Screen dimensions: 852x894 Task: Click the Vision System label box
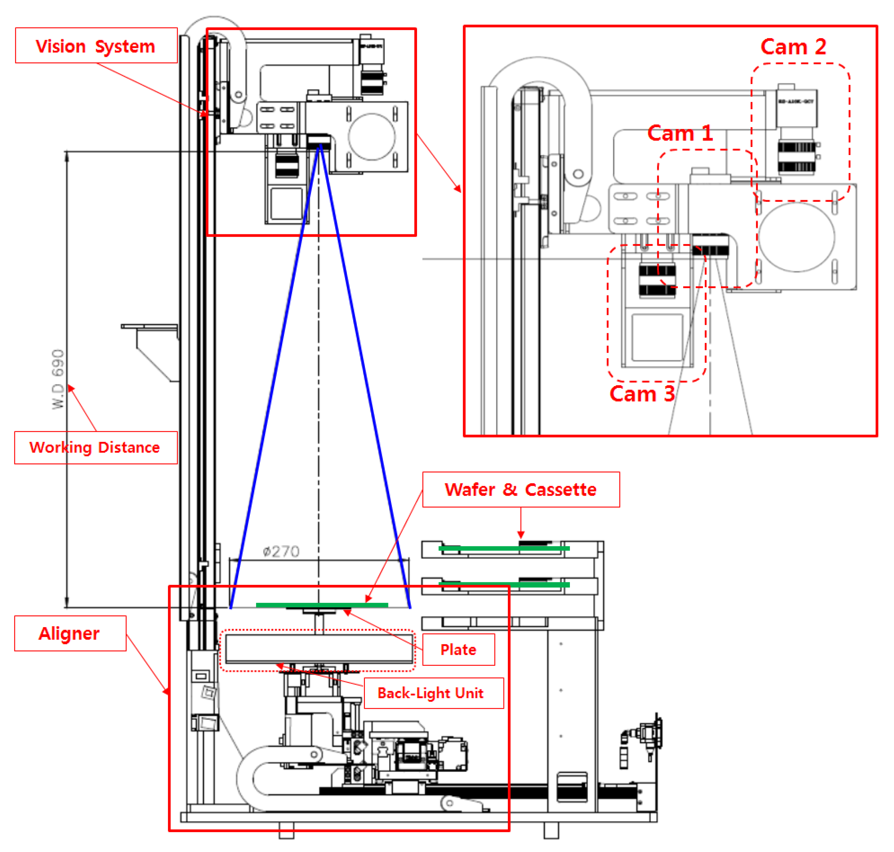pyautogui.click(x=96, y=46)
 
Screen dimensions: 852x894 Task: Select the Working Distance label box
pyautogui.click(x=96, y=447)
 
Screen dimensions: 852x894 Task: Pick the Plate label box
pyautogui.click(x=458, y=650)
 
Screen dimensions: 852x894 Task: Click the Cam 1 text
pyautogui.click(x=680, y=133)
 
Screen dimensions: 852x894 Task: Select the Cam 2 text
pyautogui.click(x=793, y=47)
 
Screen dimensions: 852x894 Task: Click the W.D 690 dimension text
pyautogui.click(x=58, y=379)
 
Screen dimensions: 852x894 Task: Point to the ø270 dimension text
pyautogui.click(x=281, y=551)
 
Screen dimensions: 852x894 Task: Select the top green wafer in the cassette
pyautogui.click(x=504, y=549)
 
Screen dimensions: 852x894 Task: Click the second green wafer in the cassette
pyautogui.click(x=504, y=585)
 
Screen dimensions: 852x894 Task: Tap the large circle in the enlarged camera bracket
pyautogui.click(x=796, y=237)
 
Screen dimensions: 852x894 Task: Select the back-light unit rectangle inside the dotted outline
pyautogui.click(x=319, y=648)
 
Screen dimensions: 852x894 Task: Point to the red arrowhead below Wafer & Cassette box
pyautogui.click(x=521, y=535)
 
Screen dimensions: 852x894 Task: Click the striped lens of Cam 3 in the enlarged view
pyautogui.click(x=657, y=280)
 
